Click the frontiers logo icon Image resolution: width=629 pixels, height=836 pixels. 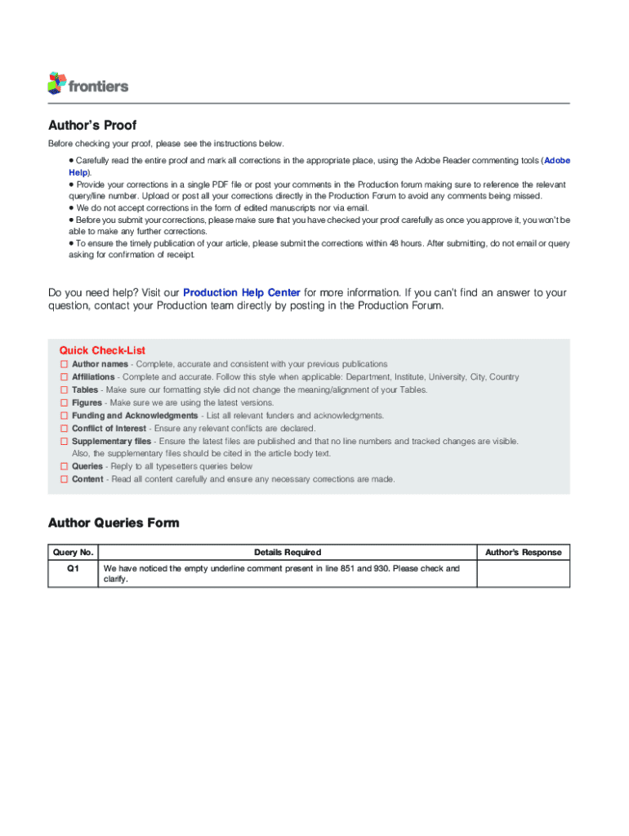pos(56,82)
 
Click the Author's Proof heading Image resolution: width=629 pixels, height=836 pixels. pos(92,125)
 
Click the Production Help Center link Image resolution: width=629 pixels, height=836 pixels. pos(242,292)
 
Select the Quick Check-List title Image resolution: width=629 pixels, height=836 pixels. pos(102,350)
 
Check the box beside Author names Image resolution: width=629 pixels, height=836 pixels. pos(63,364)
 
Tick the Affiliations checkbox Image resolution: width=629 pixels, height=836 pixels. pos(63,377)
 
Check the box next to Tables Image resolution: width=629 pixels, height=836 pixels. pos(63,390)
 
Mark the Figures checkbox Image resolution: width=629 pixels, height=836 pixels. pos(63,402)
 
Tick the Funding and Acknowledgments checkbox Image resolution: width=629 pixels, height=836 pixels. pos(63,416)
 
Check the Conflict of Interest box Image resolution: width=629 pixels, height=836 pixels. pos(63,428)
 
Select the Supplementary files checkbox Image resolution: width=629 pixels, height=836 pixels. pos(63,441)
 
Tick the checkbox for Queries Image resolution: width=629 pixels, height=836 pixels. pos(63,466)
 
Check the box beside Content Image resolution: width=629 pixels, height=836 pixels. pos(63,479)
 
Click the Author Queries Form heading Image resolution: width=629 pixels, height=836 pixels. pos(114,522)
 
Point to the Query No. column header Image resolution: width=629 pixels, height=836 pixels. pos(74,553)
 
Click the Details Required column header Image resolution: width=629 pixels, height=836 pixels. pos(288,553)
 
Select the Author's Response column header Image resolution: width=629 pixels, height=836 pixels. pos(523,553)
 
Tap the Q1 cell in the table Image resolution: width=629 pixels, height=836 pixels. pos(74,569)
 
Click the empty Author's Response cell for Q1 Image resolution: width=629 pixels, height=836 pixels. pos(523,573)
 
